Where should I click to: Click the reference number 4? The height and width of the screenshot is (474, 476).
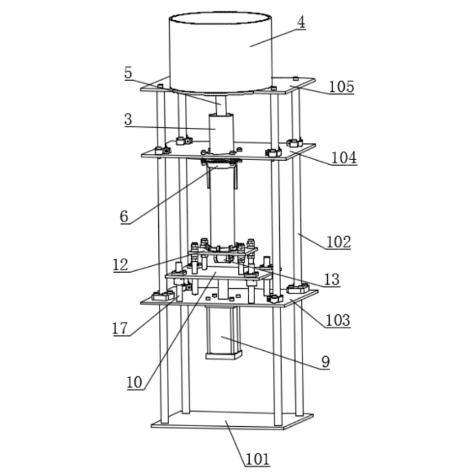(x=301, y=23)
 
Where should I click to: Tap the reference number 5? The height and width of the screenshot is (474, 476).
(x=129, y=73)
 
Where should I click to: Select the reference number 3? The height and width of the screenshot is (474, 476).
(x=129, y=119)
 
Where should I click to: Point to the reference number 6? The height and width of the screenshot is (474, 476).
(x=124, y=216)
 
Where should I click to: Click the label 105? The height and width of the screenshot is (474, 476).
(x=341, y=87)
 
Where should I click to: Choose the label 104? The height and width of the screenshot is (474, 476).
(x=344, y=158)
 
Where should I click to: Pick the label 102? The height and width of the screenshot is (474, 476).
(x=338, y=242)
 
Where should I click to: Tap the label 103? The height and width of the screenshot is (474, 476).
(x=338, y=320)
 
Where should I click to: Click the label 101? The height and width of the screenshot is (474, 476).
(x=257, y=459)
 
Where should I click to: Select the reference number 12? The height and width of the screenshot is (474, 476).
(x=120, y=265)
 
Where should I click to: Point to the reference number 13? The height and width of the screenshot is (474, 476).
(x=332, y=280)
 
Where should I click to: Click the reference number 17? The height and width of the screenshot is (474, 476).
(x=120, y=328)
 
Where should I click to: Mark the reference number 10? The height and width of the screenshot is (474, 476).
(x=135, y=382)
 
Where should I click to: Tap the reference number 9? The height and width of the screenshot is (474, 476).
(x=325, y=362)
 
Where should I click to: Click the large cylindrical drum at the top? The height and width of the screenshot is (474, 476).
(x=220, y=52)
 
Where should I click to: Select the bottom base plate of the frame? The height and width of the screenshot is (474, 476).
(x=232, y=420)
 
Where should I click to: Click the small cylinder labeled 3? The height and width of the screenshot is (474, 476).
(x=221, y=133)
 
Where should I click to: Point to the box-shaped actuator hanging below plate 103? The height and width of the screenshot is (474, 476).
(x=224, y=333)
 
